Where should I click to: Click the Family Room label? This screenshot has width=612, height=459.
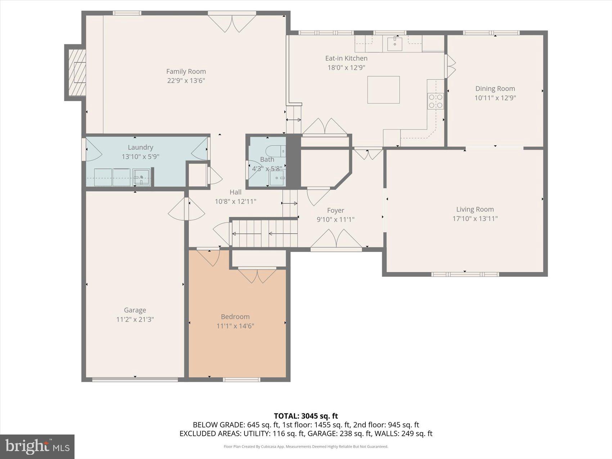click(x=186, y=72)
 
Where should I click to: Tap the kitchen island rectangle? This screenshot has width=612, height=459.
click(x=383, y=90)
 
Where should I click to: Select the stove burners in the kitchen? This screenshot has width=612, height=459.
click(x=435, y=101)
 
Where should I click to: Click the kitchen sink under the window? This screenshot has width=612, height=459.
click(x=395, y=44)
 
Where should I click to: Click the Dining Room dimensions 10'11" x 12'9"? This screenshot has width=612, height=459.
click(x=495, y=98)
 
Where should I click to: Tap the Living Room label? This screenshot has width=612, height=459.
click(x=475, y=209)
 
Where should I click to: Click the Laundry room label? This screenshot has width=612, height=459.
click(x=140, y=147)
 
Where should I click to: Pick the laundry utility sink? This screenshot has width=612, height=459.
click(x=141, y=177)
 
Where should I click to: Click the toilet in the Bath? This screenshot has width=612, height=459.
click(x=276, y=150)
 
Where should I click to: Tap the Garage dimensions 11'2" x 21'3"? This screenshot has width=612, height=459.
click(x=135, y=319)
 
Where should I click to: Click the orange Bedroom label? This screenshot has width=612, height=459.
click(x=235, y=317)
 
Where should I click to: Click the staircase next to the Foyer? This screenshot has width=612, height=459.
click(x=265, y=233)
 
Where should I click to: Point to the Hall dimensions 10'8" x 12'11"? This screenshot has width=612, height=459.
click(x=235, y=202)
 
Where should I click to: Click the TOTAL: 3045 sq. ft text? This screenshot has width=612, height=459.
click(x=306, y=416)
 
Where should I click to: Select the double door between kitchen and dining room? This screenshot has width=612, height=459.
click(x=450, y=66)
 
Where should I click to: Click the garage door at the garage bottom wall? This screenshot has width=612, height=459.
click(x=135, y=379)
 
